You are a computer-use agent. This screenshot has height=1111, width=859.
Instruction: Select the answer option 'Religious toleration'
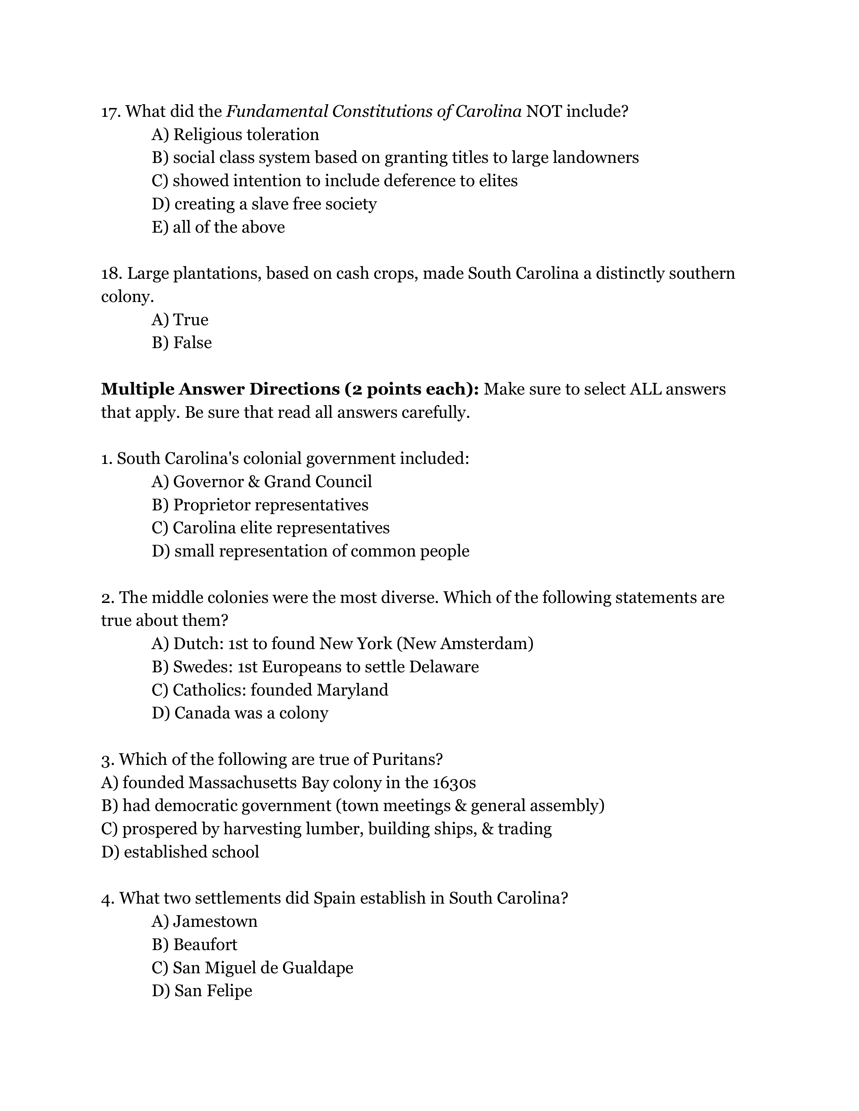(246, 135)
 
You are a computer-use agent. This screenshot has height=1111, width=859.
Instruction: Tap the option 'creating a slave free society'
(275, 204)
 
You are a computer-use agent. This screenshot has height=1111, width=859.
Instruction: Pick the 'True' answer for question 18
(190, 320)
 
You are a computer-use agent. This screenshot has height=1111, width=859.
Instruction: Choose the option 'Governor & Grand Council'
(272, 482)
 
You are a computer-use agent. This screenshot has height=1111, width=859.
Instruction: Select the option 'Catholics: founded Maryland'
(280, 690)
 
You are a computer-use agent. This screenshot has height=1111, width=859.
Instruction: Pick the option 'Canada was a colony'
(251, 713)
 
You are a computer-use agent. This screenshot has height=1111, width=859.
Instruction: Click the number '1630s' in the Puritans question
(454, 783)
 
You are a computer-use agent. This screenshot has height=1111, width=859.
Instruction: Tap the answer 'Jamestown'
(215, 922)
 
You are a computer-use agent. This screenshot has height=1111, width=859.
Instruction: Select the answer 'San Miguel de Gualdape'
(263, 968)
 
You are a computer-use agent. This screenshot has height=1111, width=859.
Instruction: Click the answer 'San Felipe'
(213, 991)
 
